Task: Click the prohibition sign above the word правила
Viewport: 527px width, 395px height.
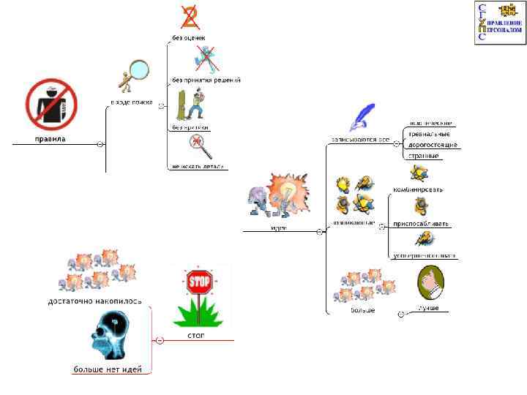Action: click(52, 103)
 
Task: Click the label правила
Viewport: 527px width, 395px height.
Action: click(51, 138)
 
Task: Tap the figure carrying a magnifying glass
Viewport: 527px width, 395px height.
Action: click(131, 77)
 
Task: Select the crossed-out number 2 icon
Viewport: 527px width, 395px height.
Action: click(190, 17)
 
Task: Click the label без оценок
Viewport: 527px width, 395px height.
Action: click(188, 37)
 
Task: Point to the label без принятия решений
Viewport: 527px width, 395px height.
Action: click(206, 80)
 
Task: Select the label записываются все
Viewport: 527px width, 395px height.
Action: click(360, 139)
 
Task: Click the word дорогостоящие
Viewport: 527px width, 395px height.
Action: click(433, 145)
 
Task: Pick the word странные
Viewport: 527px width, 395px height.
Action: click(424, 155)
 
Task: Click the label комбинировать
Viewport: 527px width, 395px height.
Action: click(418, 189)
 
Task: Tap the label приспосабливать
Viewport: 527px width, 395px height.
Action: click(421, 223)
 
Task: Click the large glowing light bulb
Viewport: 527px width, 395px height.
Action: click(287, 192)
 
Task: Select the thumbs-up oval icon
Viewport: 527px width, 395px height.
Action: click(430, 283)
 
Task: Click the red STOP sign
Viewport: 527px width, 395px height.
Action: click(199, 282)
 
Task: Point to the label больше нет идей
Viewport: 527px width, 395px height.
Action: click(108, 369)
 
